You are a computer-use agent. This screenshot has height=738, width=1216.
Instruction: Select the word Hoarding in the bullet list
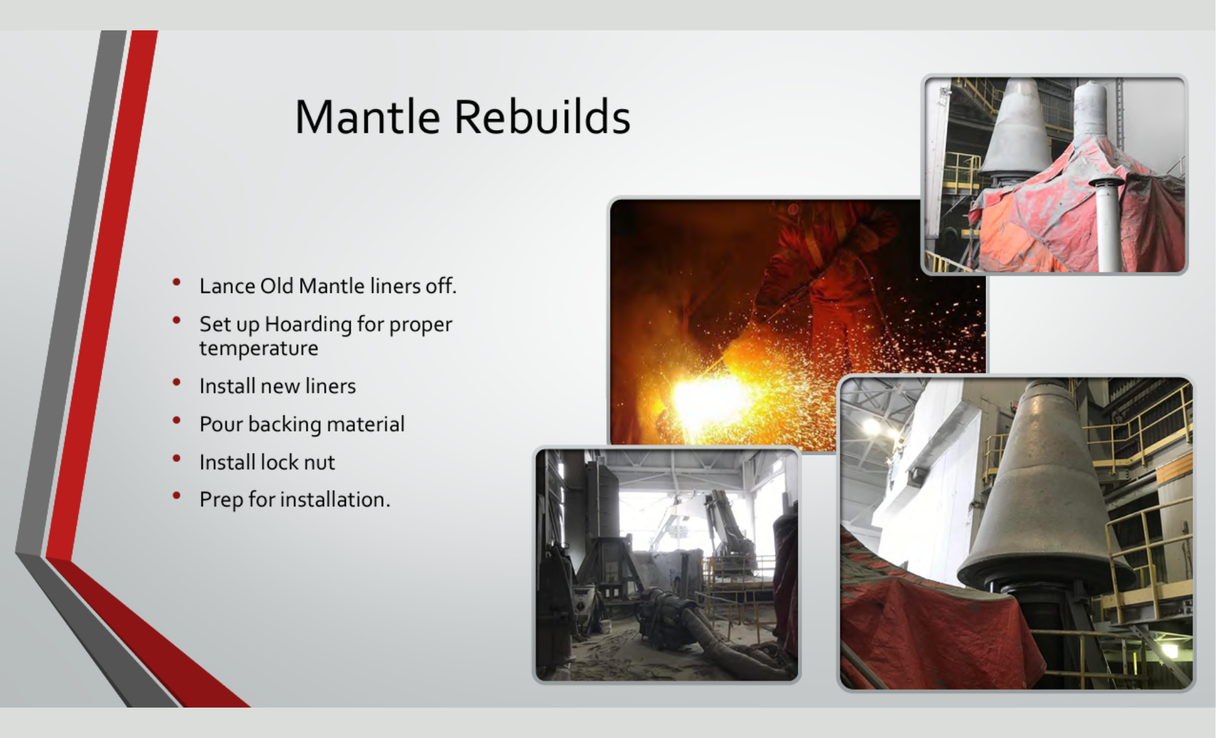(308, 325)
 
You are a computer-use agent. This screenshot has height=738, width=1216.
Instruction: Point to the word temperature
(258, 349)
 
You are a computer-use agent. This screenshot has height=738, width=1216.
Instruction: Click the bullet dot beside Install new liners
(177, 382)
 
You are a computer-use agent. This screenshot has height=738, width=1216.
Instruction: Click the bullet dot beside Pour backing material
(177, 420)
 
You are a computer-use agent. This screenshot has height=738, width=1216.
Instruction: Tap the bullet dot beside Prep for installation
(177, 495)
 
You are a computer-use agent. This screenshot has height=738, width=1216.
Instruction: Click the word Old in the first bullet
(277, 286)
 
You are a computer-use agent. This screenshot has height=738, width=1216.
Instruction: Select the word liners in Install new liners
(330, 386)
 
